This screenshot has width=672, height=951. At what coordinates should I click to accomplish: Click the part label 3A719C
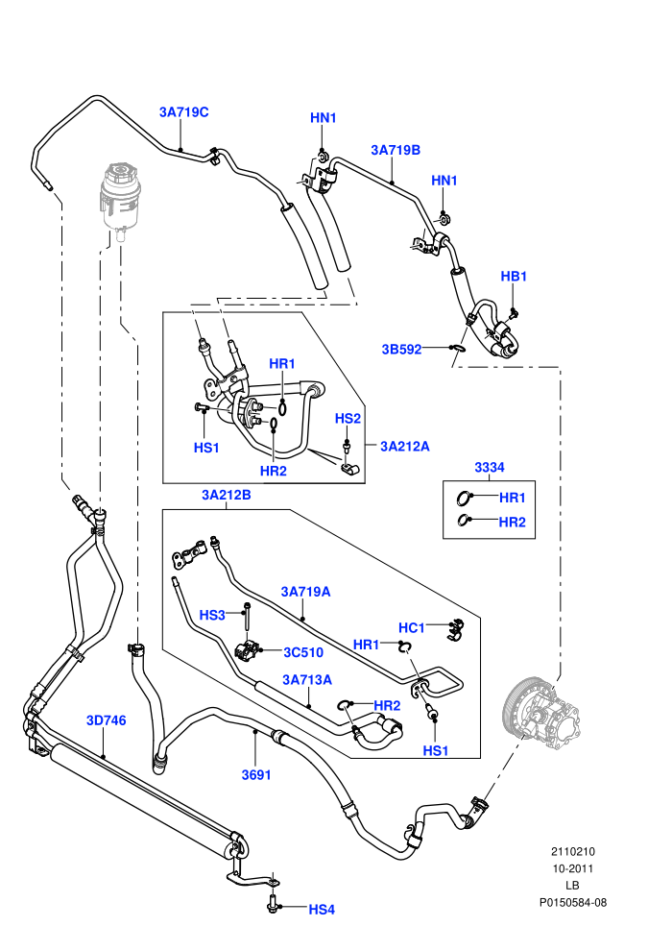pos(183,112)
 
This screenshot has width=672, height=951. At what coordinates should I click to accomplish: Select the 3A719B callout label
pos(396,150)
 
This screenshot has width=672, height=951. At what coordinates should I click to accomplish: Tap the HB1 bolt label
pos(514,276)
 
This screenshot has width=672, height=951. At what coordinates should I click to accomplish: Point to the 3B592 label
pos(401,350)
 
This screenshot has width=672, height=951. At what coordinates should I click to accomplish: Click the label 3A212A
pos(405,447)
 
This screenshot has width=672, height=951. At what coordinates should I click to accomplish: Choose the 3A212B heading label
pos(226,495)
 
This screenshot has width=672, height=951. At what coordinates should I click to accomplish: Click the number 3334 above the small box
pos(489,467)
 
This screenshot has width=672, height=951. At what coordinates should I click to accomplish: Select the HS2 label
pos(348,419)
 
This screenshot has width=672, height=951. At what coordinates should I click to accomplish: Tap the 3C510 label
pos(303,652)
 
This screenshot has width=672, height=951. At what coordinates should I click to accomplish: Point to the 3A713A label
pos(307,680)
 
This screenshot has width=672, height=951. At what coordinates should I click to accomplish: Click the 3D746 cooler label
pos(106,720)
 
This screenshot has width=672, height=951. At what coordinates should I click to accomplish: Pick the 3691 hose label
pos(256,775)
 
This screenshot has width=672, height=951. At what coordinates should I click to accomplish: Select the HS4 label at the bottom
pos(322,910)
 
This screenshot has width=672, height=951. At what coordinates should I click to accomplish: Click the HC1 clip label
pos(412,627)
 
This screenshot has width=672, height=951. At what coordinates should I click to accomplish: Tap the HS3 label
pos(212,616)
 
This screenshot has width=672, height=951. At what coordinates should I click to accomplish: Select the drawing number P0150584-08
pos(573,902)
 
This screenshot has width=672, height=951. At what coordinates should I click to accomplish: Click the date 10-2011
pos(573,868)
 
